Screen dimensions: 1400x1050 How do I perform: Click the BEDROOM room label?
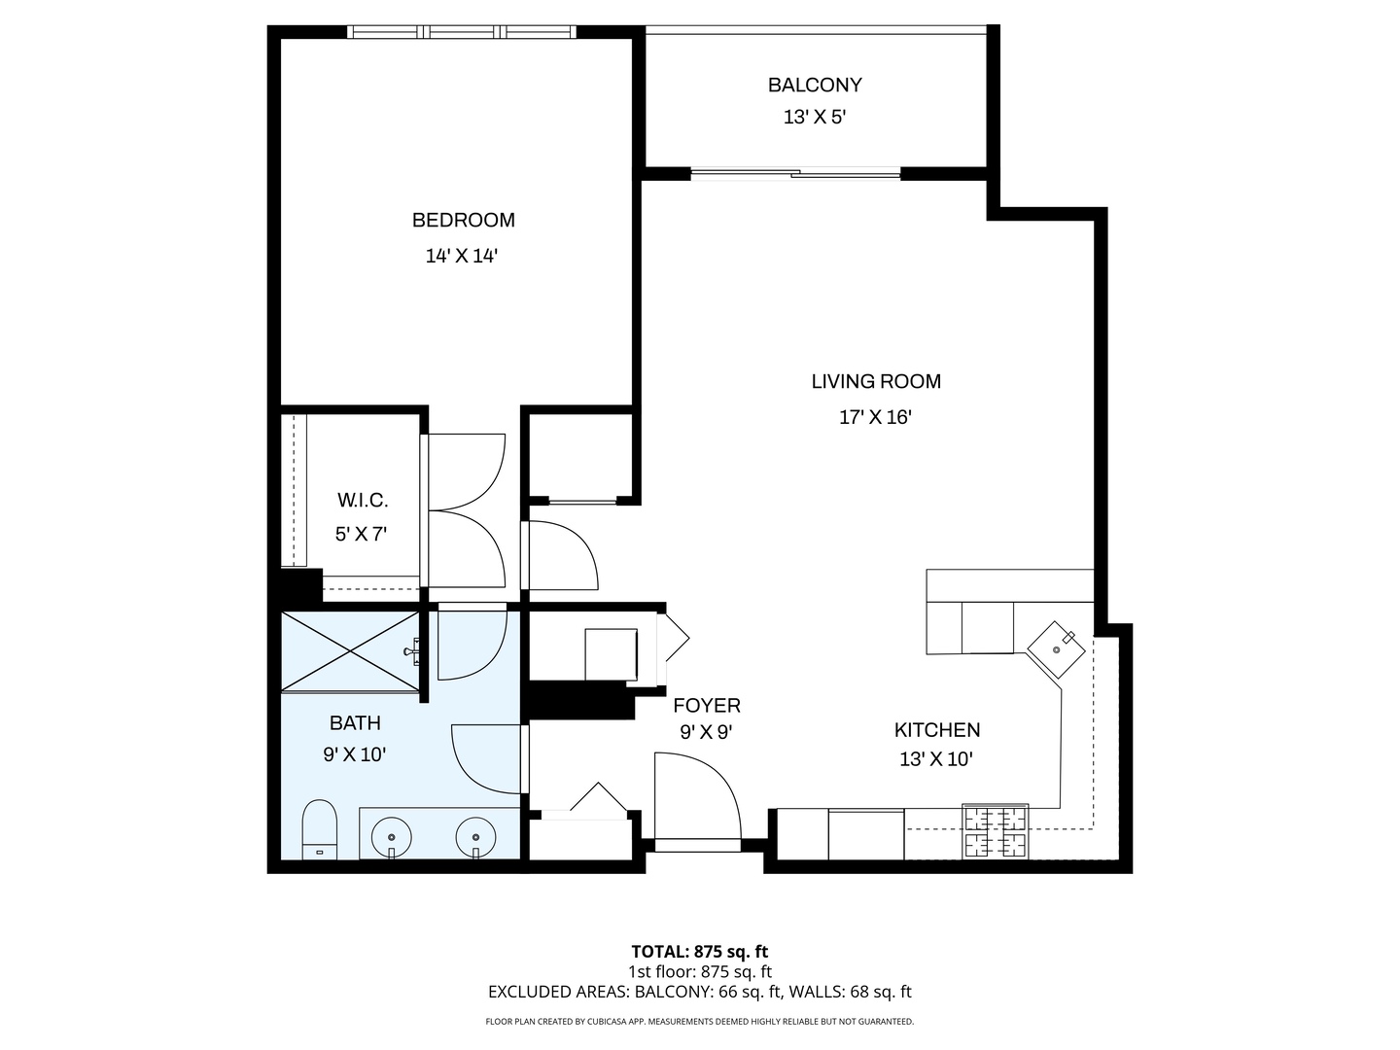[x=463, y=220]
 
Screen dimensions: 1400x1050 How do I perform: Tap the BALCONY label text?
[x=815, y=85]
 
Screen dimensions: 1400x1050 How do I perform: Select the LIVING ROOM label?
[x=876, y=381]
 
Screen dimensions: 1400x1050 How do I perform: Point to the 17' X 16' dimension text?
[x=875, y=417]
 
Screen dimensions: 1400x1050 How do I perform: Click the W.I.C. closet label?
[x=363, y=501]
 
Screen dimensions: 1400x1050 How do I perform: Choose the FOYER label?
[x=707, y=706]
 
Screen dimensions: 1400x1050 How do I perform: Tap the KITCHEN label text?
[x=937, y=730]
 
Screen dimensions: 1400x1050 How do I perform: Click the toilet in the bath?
[x=319, y=829]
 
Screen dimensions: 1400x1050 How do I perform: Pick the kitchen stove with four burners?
[x=995, y=830]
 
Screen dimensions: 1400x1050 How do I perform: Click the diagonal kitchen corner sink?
[x=1056, y=649]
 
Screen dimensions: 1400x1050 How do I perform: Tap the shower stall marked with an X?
[x=350, y=651]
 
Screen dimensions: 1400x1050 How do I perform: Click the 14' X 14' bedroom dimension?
[x=461, y=256]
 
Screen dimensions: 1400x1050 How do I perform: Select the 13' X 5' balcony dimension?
[x=815, y=118]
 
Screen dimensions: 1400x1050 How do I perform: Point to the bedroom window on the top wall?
[x=462, y=32]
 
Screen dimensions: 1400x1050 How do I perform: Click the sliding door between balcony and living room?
[x=795, y=173]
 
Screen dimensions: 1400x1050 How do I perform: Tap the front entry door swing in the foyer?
[x=698, y=801]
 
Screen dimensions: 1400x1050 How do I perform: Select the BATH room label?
[x=355, y=723]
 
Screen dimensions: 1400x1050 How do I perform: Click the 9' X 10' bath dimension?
[x=355, y=754]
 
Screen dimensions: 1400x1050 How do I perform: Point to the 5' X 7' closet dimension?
[x=361, y=534]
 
